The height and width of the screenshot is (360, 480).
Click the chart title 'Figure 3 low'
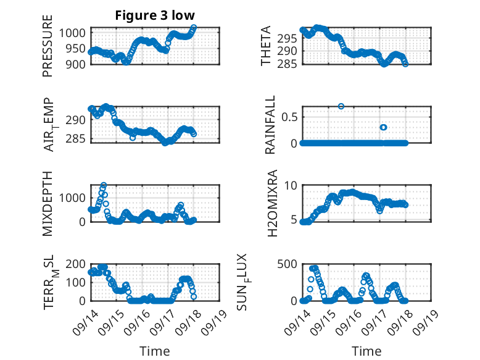[155, 16]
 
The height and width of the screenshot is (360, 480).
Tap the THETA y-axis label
[266, 46]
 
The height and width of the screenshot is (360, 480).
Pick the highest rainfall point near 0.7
[341, 106]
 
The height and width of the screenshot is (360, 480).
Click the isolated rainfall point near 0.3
[383, 127]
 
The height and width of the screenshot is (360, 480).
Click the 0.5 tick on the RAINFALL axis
[291, 117]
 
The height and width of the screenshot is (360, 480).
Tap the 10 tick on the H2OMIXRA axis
[292, 185]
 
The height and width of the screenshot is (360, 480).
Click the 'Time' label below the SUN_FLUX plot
[366, 351]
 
